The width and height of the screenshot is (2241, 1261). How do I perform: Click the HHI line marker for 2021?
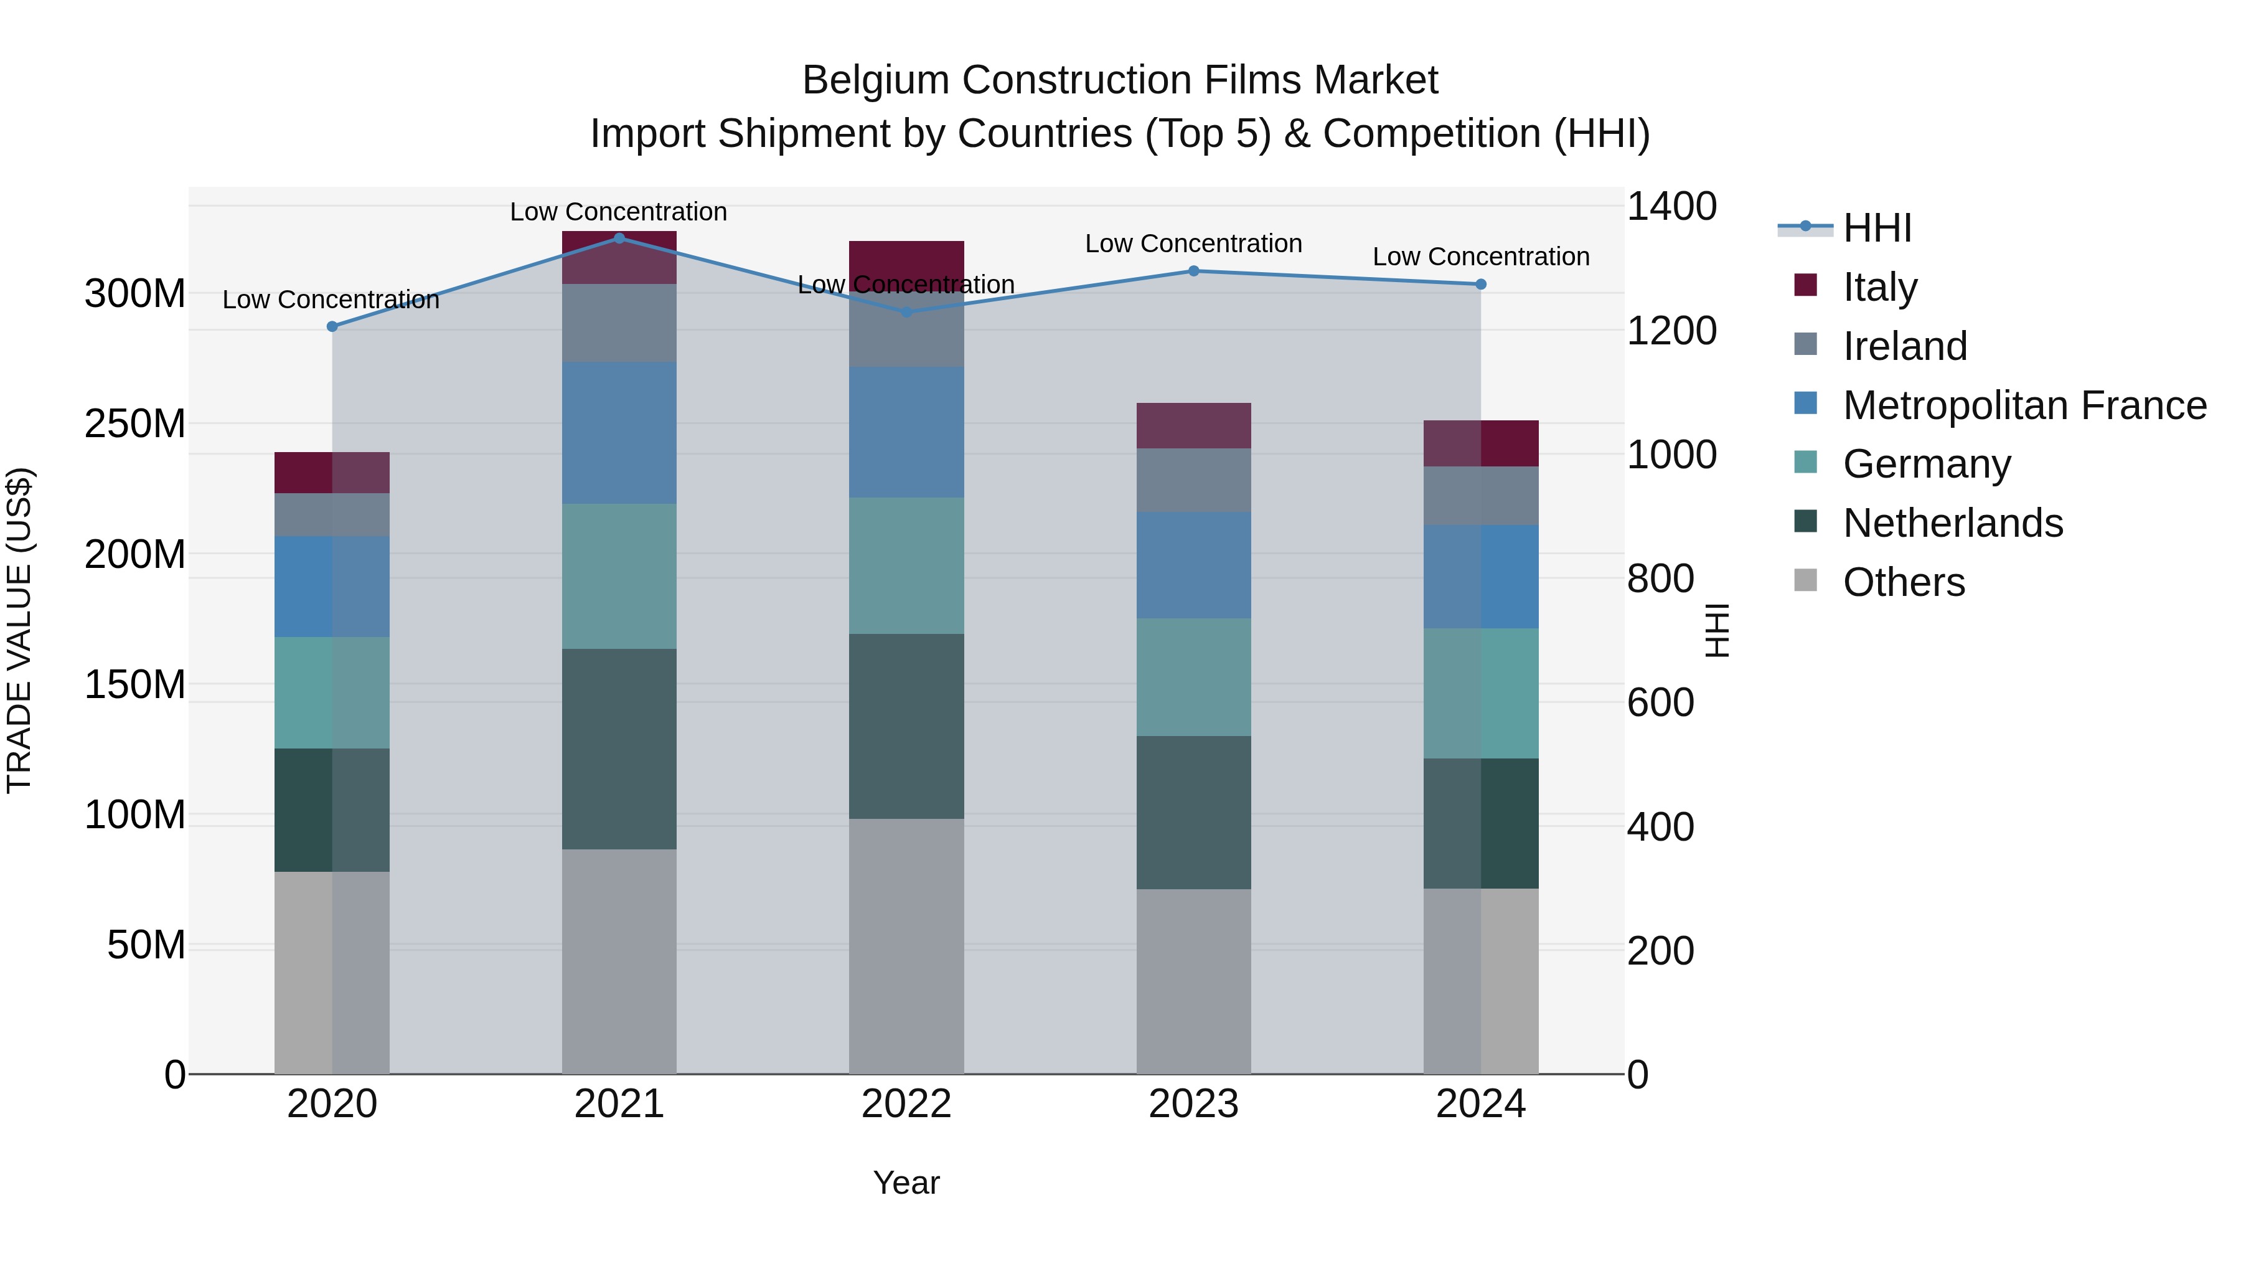[619, 238]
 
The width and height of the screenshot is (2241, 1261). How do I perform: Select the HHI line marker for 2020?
[331, 326]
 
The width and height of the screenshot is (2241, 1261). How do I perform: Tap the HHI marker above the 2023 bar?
[1193, 271]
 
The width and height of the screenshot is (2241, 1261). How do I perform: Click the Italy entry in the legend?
[1879, 286]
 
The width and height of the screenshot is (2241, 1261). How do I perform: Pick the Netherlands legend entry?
[1952, 523]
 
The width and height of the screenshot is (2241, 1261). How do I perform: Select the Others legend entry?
[1904, 582]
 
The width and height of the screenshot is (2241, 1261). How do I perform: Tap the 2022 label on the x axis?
[906, 1103]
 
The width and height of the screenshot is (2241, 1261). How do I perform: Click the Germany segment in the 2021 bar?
[619, 575]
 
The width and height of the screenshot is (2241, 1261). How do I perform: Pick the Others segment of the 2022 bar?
[906, 945]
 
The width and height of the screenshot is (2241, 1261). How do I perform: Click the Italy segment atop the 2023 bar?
[1193, 425]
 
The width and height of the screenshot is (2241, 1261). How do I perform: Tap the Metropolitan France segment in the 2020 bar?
[331, 586]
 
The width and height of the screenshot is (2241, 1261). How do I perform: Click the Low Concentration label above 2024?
[1481, 257]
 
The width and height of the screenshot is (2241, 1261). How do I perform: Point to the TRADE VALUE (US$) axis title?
[19, 630]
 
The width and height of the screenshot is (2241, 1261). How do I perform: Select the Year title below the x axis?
[906, 1183]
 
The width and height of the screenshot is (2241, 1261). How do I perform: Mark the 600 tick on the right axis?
[1660, 702]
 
